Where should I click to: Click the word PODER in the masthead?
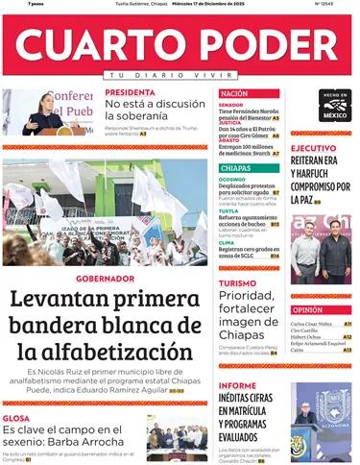coord(259,44)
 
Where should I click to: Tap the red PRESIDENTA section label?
coord(131,93)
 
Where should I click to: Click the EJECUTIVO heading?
coord(314,149)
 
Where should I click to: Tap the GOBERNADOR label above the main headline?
coord(105,279)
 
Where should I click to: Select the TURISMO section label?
coord(237,283)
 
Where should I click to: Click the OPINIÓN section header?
coord(307,310)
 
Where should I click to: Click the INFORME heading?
coord(237,385)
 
